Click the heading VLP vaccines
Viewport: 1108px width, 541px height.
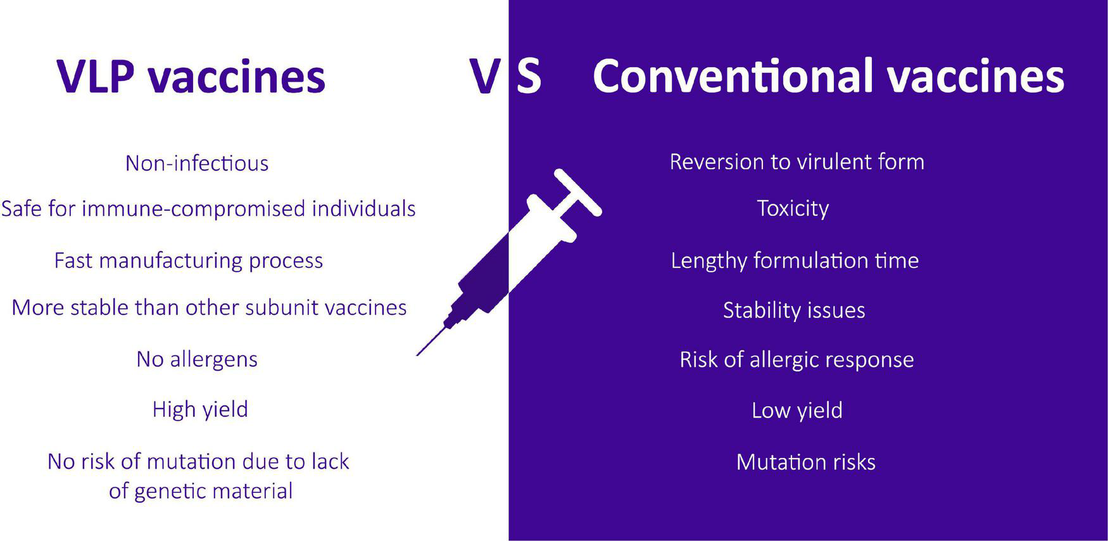tap(191, 77)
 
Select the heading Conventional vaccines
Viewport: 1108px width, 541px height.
tap(828, 76)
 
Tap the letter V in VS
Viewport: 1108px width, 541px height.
tap(485, 77)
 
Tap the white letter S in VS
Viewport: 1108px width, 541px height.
tap(529, 77)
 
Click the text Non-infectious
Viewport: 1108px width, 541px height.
tap(197, 163)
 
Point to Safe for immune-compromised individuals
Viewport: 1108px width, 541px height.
tap(208, 209)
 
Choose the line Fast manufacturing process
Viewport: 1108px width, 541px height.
tap(189, 260)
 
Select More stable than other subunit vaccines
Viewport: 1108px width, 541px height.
tap(209, 307)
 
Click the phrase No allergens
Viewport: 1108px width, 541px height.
tap(197, 359)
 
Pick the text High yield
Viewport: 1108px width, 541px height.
tap(200, 409)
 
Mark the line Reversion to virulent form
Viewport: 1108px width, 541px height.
tap(797, 162)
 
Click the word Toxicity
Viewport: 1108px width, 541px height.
tap(793, 208)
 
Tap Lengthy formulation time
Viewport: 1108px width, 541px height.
tap(795, 260)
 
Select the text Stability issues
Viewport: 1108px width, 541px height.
tap(794, 310)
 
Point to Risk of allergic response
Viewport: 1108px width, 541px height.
tap(796, 360)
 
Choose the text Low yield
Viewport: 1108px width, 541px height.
tap(797, 411)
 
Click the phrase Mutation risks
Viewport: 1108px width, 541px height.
tap(806, 462)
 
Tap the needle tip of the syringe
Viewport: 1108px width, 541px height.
tap(417, 355)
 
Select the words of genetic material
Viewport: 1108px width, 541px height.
tap(201, 491)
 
